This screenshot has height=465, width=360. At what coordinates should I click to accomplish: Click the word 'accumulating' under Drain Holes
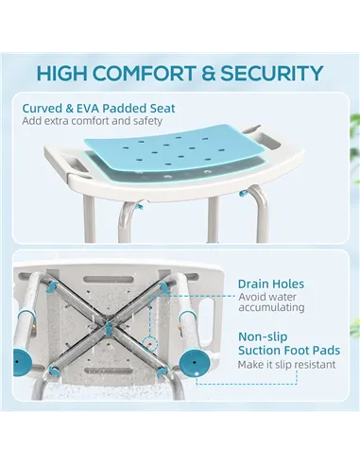pos(271,308)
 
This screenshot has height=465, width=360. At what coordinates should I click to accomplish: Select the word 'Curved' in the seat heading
pos(43,107)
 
